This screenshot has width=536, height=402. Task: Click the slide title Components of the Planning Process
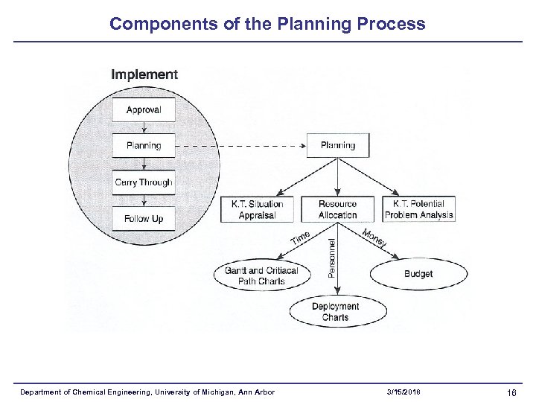point(267,23)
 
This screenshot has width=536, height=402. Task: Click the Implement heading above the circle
point(144,74)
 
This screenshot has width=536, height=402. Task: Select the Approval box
point(144,110)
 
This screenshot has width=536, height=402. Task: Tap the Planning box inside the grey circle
point(144,146)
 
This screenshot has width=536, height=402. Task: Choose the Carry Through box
point(144,182)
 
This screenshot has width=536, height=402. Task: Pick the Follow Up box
point(144,219)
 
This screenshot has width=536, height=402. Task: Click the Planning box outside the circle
point(338,146)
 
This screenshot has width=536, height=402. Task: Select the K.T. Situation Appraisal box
point(257,209)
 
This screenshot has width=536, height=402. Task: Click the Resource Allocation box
point(338,209)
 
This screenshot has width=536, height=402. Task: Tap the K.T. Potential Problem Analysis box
point(419,209)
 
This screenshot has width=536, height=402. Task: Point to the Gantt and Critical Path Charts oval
point(261,275)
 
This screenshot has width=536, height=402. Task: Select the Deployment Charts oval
point(335,312)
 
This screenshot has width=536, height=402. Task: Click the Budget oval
point(418,274)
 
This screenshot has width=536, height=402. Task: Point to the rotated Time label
point(300,239)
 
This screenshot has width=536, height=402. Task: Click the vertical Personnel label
point(331,257)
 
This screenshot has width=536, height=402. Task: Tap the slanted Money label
point(374,239)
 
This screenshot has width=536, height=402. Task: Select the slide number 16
point(511,392)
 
